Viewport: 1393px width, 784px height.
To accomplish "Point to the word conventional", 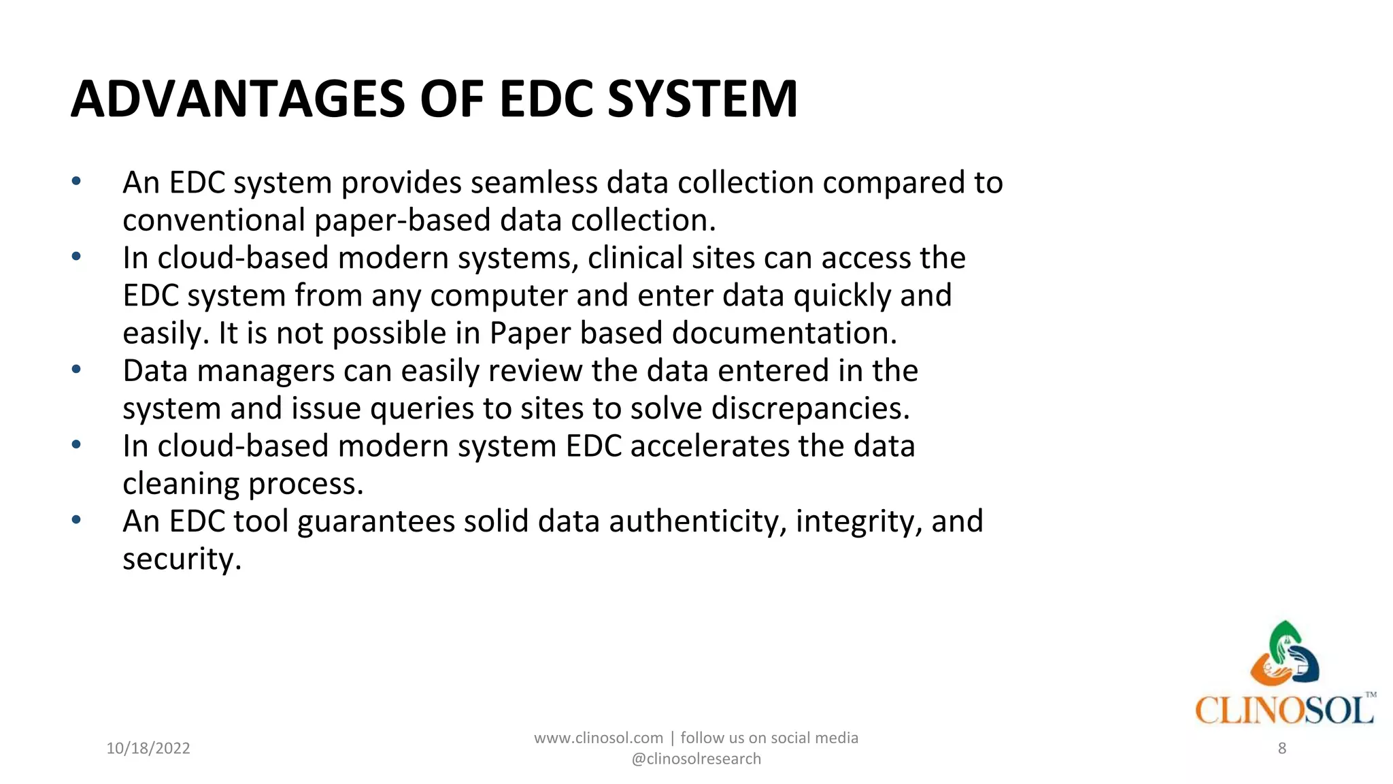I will tap(214, 220).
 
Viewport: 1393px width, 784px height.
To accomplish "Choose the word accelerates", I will tap(709, 446).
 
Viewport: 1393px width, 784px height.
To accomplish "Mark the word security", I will tap(182, 559).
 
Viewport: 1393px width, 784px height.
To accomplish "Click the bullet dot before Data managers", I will tap(76, 370).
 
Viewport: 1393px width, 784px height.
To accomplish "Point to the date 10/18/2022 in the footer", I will tap(148, 749).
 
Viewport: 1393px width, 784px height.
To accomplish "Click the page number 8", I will tap(1282, 749).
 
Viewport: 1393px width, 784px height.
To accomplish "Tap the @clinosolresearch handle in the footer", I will tap(696, 759).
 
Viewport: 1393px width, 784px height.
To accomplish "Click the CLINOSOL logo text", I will tap(1284, 710).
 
